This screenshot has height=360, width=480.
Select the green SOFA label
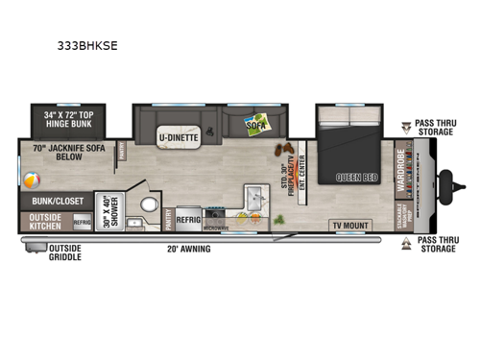pos(254,125)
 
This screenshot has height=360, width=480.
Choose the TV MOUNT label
pos(349,226)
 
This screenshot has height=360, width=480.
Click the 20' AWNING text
pos(185,249)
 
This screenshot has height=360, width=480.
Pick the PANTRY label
pos(166,217)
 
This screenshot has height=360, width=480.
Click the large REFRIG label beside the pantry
pos(187,218)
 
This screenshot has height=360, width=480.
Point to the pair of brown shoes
pos(285,149)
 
